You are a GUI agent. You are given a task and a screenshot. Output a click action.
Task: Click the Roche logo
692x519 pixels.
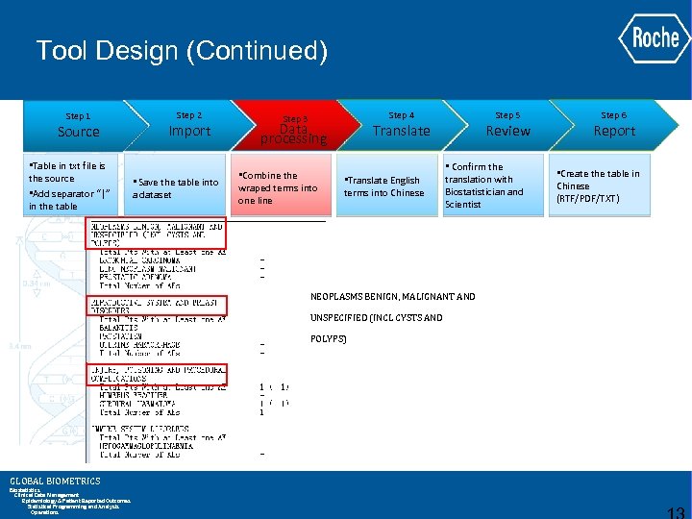coord(655,37)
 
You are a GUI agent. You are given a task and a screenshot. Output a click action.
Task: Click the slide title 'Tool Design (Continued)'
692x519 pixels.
coord(182,50)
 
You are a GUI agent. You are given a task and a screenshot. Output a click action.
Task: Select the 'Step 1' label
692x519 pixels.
coord(78,116)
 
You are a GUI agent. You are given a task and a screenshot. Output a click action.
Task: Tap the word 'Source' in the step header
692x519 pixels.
coord(78,132)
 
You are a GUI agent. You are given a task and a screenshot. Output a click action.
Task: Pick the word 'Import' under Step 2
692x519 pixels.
coord(189,131)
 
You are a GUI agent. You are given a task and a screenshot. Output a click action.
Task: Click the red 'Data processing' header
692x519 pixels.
coord(294,133)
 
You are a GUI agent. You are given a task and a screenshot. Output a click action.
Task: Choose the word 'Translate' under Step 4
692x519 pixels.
coord(402,131)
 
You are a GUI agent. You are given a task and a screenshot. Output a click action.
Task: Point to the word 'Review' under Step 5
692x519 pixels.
coord(507,131)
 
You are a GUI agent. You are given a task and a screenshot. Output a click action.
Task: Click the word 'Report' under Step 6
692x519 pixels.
coord(614,131)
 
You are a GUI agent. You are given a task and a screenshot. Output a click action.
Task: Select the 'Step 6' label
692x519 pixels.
coord(614,115)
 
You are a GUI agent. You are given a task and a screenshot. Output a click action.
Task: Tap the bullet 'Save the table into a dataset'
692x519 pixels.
coord(177,187)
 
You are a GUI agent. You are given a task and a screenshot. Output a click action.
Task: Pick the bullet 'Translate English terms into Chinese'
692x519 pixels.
coord(383,186)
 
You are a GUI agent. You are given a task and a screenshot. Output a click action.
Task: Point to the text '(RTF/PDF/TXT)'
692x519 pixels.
coord(588,199)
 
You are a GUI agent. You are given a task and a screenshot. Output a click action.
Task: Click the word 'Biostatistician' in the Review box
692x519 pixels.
coord(483,191)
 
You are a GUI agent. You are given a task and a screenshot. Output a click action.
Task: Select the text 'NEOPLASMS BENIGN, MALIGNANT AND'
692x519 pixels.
coord(392,297)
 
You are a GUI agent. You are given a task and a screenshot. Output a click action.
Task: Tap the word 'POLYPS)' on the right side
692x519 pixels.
coord(329,339)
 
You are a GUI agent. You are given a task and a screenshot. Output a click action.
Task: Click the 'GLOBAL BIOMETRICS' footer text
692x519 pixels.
coord(55,482)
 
